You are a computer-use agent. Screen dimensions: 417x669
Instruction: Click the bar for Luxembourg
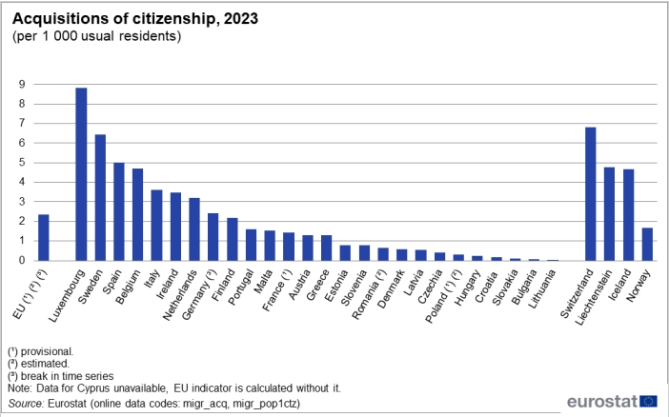pos(81,174)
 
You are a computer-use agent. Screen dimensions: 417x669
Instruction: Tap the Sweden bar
pos(100,197)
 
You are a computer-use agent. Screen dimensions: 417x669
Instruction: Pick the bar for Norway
pos(647,244)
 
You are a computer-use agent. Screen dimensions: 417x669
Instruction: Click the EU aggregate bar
pos(44,237)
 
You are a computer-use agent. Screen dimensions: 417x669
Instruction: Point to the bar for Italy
pos(157,225)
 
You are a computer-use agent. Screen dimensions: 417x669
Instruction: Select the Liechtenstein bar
pos(610,213)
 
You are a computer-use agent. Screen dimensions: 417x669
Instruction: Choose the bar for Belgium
pos(138,214)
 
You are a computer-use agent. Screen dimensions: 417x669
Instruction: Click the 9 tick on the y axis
pos(21,84)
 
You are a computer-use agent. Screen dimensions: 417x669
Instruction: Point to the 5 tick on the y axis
pos(21,163)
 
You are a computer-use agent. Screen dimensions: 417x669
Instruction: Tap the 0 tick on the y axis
pos(21,261)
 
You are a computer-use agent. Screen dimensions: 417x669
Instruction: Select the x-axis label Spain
pos(111,281)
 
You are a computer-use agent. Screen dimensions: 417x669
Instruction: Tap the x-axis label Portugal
pos(240,285)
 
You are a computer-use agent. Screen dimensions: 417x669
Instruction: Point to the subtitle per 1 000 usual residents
pos(96,36)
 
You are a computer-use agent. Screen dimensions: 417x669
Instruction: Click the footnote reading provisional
pos(44,351)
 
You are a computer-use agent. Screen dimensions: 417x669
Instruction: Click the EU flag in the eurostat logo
pos(648,402)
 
